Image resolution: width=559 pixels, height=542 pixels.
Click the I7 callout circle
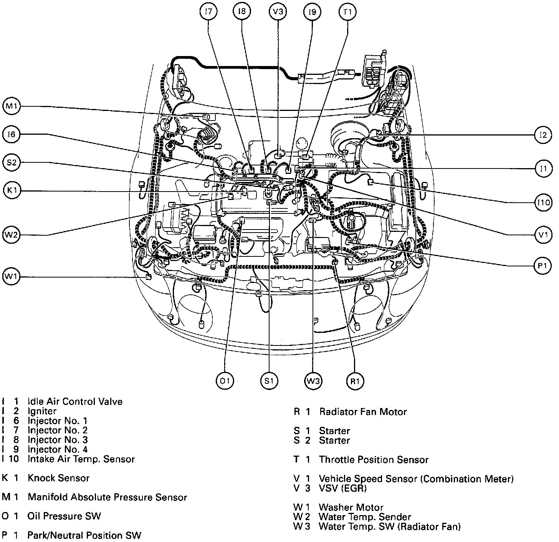[208, 12]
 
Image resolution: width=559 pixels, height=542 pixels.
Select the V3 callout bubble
[278, 12]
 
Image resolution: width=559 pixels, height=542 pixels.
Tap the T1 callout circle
[347, 12]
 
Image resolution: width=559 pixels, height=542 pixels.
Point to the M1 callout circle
[12, 107]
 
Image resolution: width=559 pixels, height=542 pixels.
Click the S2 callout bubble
[12, 163]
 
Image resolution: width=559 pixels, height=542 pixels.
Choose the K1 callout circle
[12, 191]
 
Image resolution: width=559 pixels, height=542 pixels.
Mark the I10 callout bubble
[543, 202]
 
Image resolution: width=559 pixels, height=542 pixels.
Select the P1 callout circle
[543, 266]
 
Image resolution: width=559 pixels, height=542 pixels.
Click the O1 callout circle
[225, 381]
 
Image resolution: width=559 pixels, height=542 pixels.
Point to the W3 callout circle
[313, 381]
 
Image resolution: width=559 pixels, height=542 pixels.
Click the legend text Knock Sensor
[58, 478]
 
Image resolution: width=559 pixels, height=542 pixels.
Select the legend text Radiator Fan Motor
[363, 412]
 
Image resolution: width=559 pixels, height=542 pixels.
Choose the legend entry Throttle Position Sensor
[374, 459]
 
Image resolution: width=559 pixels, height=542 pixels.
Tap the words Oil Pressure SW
[64, 516]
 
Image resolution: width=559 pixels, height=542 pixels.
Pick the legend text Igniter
[42, 411]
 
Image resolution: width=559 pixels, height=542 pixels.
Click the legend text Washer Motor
[351, 507]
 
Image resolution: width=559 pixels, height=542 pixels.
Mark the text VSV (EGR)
[342, 488]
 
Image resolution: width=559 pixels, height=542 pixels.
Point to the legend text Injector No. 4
[58, 449]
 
